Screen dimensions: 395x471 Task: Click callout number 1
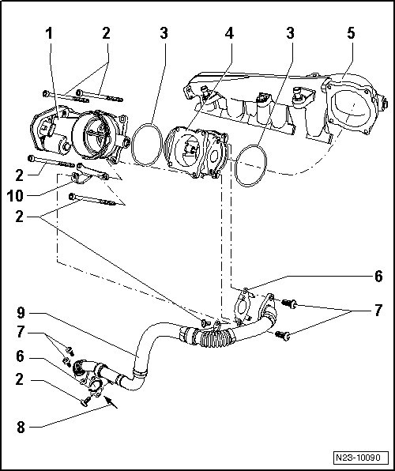coord(49,33)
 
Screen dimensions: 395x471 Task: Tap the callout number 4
coord(229,33)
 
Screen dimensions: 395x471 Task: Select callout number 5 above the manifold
coord(351,33)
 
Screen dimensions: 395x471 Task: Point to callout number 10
coord(15,196)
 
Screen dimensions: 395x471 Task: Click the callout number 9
coord(21,313)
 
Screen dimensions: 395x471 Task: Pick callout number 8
coord(21,428)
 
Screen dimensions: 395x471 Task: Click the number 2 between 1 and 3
coord(106,33)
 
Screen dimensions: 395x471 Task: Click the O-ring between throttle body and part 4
coord(147,144)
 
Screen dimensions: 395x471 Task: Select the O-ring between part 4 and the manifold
coord(250,165)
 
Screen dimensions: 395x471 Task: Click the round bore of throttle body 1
coord(96,135)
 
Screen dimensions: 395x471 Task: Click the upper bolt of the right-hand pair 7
coord(289,303)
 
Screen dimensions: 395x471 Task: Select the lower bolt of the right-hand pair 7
coord(283,335)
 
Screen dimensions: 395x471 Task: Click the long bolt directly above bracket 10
coord(51,161)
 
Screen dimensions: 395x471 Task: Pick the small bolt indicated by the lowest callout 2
coord(86,401)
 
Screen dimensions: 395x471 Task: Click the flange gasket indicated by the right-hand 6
coord(242,307)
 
